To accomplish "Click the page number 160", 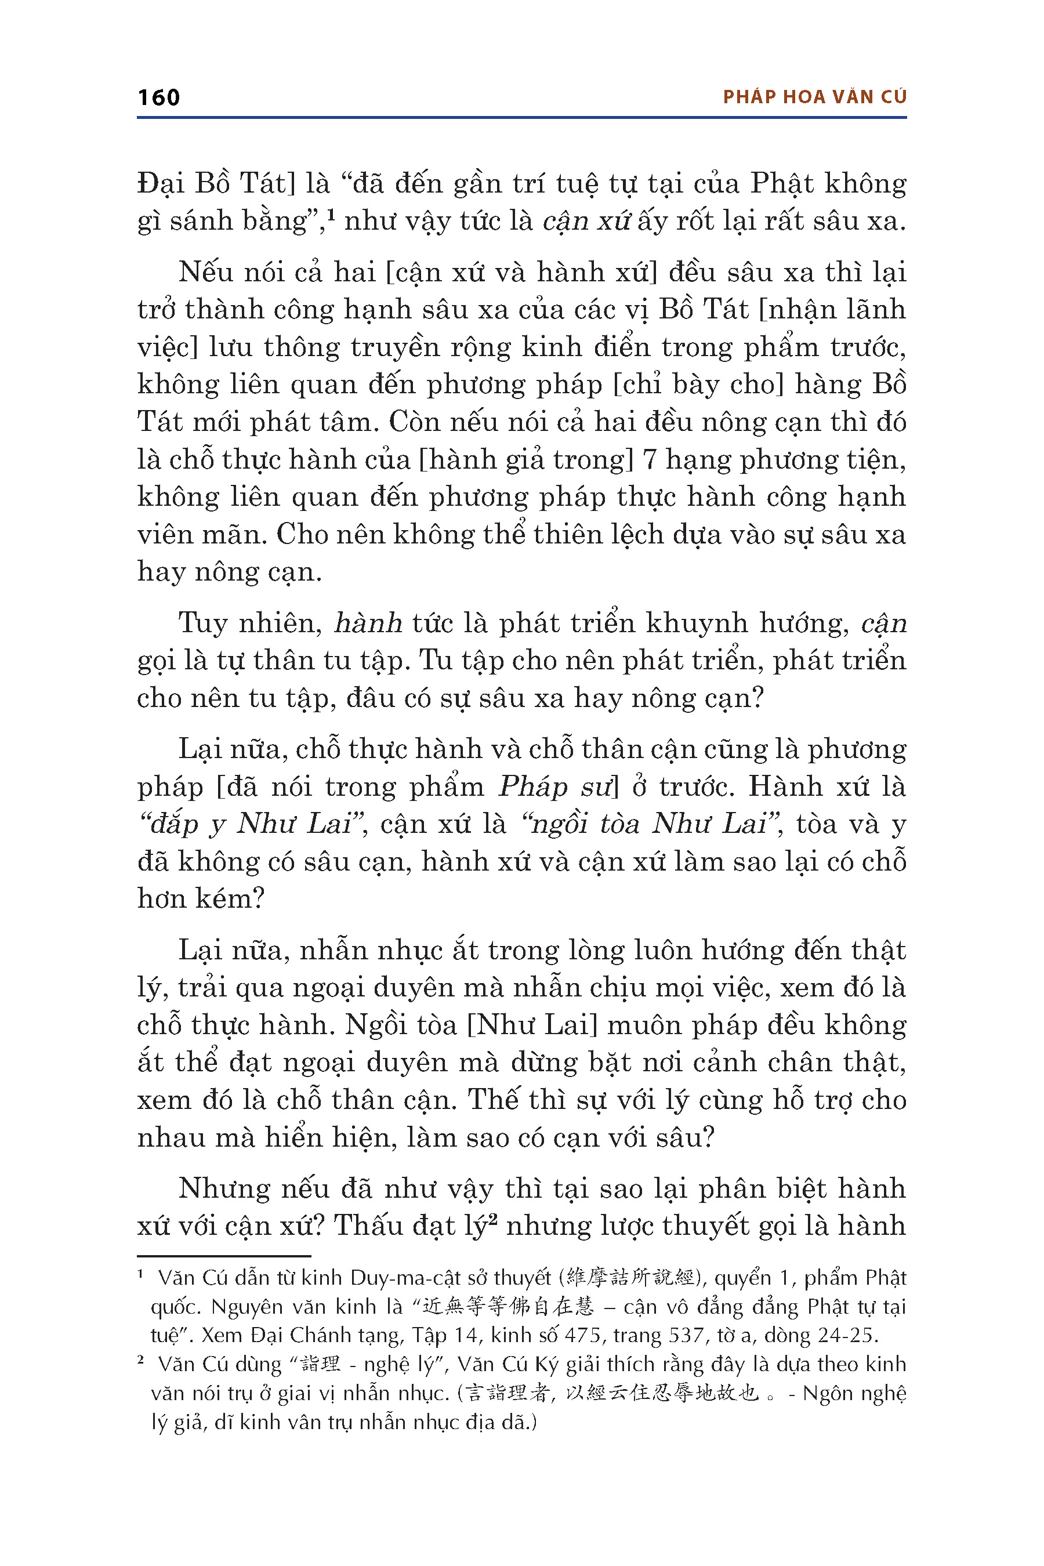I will coord(158,98).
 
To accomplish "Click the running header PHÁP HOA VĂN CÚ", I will coord(814,97).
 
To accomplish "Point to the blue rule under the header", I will coord(521,118).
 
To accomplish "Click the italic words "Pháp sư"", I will coord(554,787).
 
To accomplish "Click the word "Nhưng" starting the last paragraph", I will coord(224,1188).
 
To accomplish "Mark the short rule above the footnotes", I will coord(224,1256).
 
